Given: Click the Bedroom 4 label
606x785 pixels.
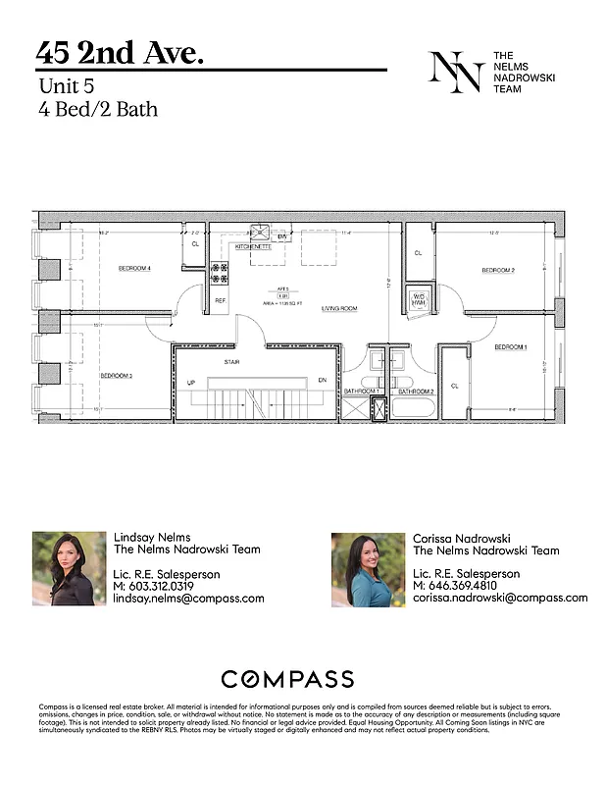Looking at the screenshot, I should point(134,268).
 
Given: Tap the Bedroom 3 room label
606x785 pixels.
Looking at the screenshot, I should point(116,375).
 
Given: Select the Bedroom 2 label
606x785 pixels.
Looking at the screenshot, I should point(498,270).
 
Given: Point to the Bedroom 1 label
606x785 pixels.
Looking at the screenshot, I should point(510,347).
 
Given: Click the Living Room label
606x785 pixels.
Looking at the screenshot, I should point(338,308).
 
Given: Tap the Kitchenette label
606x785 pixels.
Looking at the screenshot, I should point(253,247).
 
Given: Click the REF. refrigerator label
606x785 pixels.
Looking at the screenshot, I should point(221,301).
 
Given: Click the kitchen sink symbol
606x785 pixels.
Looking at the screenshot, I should point(261,233).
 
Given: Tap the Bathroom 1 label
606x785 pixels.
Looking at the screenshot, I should point(361,392).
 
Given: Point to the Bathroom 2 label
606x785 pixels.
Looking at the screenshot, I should point(416,392).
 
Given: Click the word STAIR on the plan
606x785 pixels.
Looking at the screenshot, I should point(232,360).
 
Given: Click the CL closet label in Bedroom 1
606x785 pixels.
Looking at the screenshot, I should point(454,386).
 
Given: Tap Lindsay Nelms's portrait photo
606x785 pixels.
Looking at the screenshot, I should point(70,568).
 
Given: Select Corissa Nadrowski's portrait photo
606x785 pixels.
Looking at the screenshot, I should point(368,569).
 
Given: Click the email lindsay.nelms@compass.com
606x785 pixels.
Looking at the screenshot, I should point(189,599).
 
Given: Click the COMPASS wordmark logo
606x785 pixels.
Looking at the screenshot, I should point(287,679).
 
